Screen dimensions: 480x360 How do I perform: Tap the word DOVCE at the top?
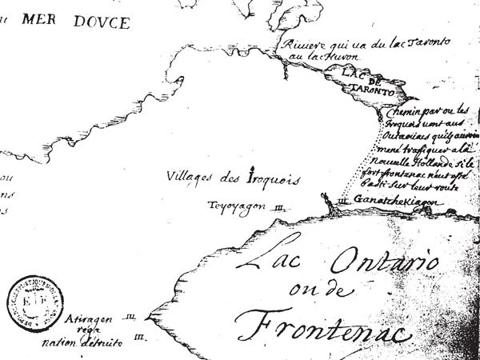[101, 22]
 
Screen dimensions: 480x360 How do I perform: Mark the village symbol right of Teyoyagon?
[279, 206]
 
